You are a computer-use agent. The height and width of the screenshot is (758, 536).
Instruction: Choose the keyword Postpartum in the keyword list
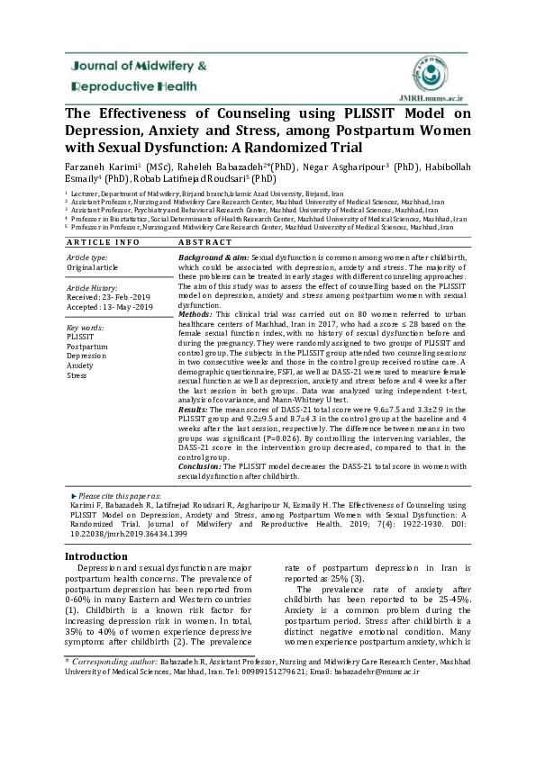[x=87, y=346]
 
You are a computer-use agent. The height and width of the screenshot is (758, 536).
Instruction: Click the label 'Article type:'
[x=87, y=257]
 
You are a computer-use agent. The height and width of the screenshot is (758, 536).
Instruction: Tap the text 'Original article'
[x=95, y=268]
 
